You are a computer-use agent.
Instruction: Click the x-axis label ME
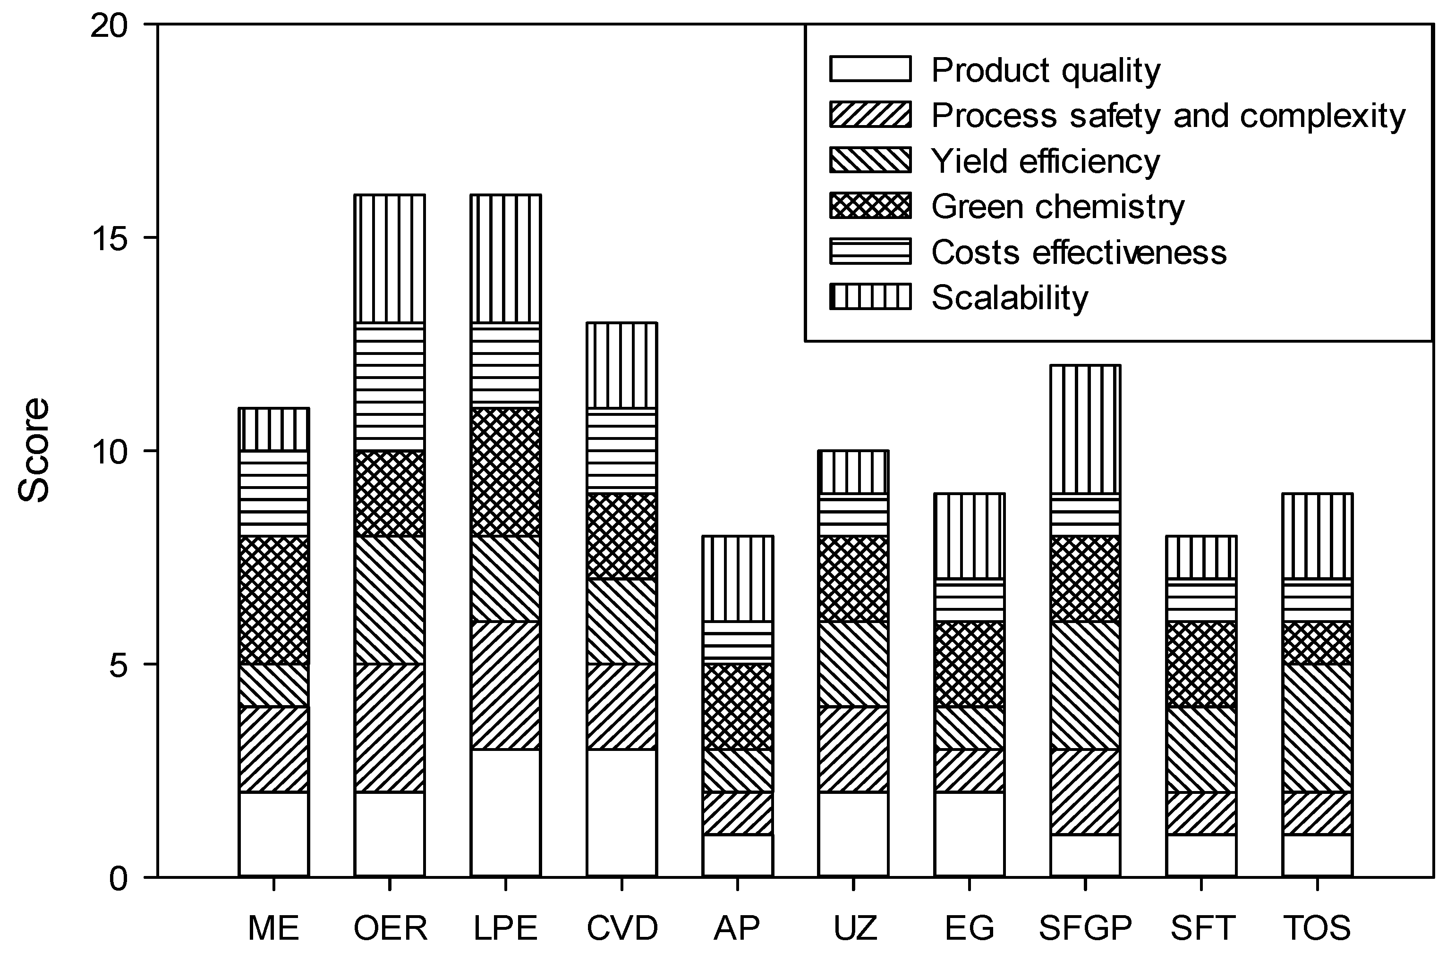(x=273, y=928)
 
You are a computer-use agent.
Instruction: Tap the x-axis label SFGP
(x=1085, y=928)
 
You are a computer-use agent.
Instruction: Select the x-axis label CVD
(x=622, y=928)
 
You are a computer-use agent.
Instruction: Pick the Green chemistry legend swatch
(x=870, y=206)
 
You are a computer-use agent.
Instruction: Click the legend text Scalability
(x=1010, y=298)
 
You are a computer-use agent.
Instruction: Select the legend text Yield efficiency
(x=1045, y=161)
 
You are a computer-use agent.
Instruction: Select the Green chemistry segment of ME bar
(x=273, y=600)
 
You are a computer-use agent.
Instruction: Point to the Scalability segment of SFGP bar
(x=1085, y=429)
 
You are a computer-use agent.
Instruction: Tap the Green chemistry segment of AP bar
(x=738, y=707)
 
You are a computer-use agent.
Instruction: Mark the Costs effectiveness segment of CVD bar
(x=622, y=451)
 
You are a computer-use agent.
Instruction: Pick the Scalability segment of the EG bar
(x=969, y=536)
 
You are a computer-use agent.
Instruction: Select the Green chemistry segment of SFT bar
(x=1201, y=664)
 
